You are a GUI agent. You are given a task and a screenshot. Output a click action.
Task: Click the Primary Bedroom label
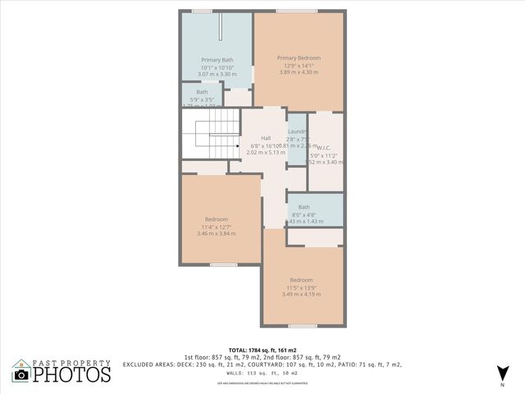[299, 57]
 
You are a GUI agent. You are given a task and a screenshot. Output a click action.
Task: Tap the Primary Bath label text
[217, 60]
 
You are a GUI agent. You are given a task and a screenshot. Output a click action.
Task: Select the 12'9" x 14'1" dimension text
[299, 66]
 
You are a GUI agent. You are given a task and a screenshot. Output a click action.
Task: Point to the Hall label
[266, 138]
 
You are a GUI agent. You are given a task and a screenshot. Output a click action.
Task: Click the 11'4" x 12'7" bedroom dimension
[217, 227]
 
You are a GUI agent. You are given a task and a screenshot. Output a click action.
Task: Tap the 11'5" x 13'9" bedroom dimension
[302, 286]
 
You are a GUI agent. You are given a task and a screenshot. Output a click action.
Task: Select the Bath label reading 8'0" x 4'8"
[304, 207]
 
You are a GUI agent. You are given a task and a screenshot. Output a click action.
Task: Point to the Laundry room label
[297, 131]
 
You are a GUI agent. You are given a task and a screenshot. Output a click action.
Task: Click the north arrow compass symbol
[501, 373]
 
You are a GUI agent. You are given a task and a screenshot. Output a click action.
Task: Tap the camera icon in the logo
[21, 374]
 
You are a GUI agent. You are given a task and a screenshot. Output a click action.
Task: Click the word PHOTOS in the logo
[72, 374]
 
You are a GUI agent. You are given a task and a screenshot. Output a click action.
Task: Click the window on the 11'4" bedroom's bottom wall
[223, 264]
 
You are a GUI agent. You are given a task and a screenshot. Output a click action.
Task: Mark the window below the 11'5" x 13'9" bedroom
[302, 326]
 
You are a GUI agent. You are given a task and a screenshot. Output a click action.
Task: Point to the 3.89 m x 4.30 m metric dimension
[299, 73]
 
